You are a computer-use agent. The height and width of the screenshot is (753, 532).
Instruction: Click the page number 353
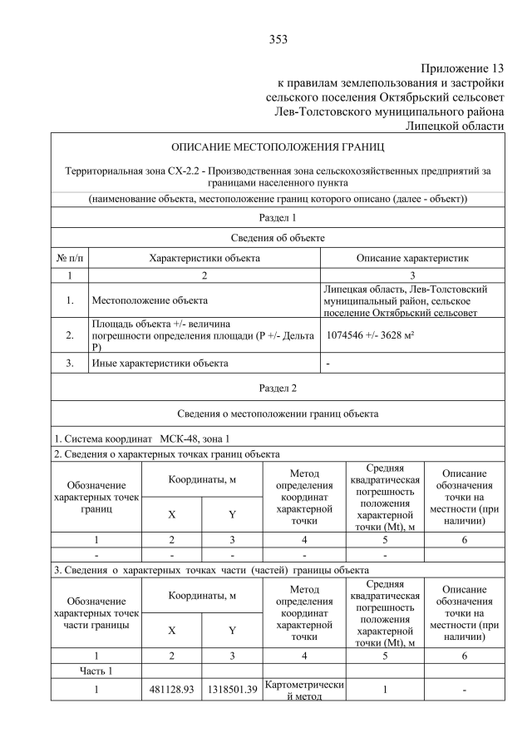point(278,39)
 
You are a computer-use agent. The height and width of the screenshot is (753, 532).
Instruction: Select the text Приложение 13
point(462,68)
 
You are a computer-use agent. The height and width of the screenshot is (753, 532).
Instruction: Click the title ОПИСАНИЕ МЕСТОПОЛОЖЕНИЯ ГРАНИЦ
point(278,147)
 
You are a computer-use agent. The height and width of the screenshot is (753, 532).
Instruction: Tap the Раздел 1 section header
point(278,217)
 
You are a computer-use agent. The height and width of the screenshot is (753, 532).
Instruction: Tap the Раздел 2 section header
point(278,387)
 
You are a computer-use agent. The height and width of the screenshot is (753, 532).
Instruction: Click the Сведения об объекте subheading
point(278,238)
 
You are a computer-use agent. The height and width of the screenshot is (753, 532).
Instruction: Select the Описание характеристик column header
point(412,258)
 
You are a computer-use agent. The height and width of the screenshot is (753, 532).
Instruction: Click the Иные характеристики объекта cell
point(159,363)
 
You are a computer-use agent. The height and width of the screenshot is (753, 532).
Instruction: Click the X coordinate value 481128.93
point(171,690)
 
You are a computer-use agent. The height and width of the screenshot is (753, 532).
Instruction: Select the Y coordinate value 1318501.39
point(231,690)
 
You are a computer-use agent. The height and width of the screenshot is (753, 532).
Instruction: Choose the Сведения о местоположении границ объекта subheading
point(278,414)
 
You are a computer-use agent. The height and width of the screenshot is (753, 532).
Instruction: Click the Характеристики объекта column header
point(204,258)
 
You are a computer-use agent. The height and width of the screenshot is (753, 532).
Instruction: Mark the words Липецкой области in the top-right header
point(454,125)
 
